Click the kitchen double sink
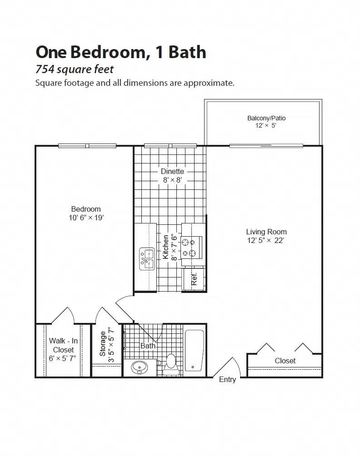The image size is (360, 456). (x=147, y=259)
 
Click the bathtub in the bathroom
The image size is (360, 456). (x=195, y=350)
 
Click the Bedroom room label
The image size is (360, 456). (x=85, y=209)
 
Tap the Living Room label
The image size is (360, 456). (x=266, y=232)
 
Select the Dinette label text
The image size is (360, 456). (x=172, y=171)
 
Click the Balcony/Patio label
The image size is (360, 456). (x=266, y=118)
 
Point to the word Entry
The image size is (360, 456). (x=227, y=380)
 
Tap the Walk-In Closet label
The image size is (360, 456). (x=63, y=345)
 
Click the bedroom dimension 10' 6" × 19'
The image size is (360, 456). (x=85, y=218)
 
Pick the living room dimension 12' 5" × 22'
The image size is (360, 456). (x=265, y=241)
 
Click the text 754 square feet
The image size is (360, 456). (x=75, y=69)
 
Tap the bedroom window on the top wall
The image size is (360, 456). (x=88, y=146)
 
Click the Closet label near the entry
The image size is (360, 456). (x=285, y=361)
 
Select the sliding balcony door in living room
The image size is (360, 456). (x=266, y=146)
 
